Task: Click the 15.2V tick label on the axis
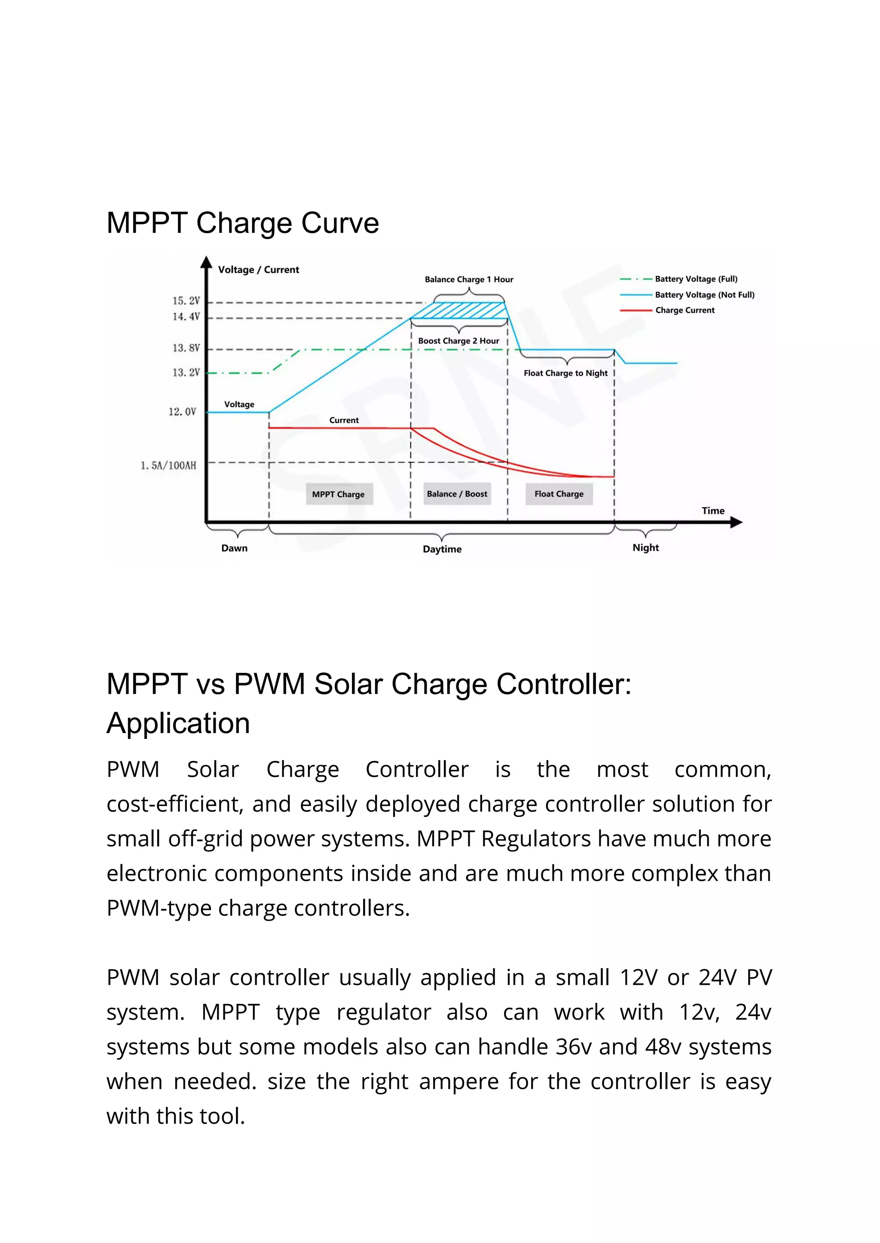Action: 186,301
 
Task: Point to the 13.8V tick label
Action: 186,348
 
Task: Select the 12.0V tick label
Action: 182,412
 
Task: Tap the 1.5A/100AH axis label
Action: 168,465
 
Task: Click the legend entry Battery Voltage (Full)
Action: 696,279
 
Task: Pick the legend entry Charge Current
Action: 684,311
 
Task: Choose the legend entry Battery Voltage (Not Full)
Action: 704,295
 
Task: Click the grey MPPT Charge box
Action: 339,494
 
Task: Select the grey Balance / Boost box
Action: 457,494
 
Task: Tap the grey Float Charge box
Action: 559,494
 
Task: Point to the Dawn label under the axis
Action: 234,548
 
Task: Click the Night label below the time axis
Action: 645,548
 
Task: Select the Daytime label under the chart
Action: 442,550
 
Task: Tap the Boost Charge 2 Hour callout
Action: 458,341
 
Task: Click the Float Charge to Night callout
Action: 565,373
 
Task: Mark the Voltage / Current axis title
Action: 259,270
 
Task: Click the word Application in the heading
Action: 178,724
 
